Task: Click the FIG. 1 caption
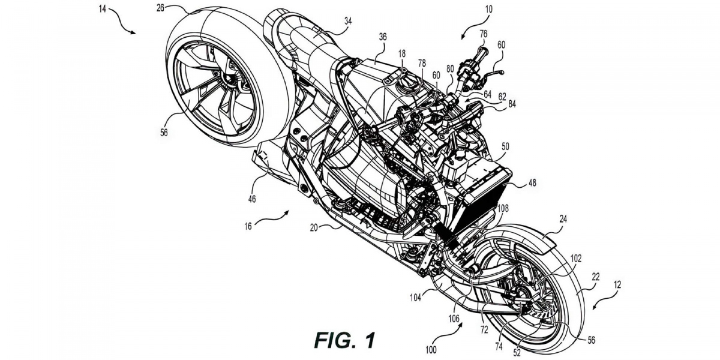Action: coord(344,340)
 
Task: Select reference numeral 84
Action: coord(511,104)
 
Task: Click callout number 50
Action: coord(506,146)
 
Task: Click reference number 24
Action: coord(563,219)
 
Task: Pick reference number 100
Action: coord(431,348)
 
